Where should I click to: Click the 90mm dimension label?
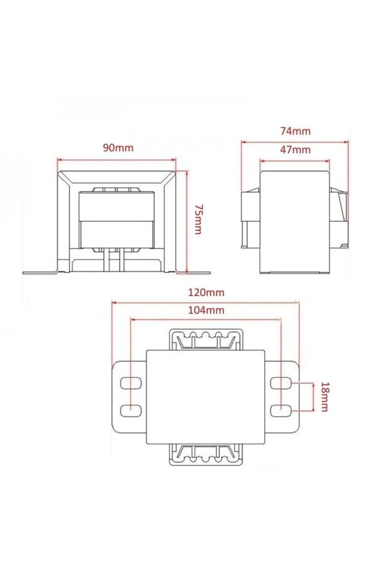point(118,148)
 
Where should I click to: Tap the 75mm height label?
point(198,219)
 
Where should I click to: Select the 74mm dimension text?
point(296,131)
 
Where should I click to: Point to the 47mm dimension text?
point(295,150)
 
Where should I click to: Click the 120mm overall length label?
point(206,292)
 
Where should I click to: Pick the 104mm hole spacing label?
point(206,310)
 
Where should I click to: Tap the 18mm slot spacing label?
point(324,397)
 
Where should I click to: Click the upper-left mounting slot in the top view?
point(131,383)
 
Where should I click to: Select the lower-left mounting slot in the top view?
point(131,410)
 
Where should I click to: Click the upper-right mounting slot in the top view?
point(281,383)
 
